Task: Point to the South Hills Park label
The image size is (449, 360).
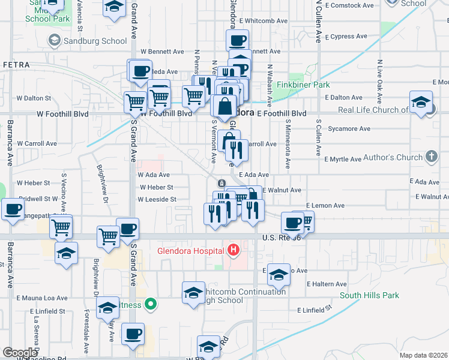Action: coord(369,295)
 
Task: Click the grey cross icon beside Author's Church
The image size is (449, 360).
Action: coord(430,157)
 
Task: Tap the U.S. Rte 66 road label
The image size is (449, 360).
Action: coord(281,238)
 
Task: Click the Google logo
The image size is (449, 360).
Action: coord(20,353)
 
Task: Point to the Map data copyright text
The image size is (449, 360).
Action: coord(423,355)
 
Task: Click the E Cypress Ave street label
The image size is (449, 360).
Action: coord(343,36)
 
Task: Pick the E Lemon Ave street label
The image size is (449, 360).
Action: coord(325,205)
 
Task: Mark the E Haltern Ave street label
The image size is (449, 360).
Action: coord(327,284)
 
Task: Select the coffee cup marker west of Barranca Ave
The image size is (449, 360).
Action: coord(13,210)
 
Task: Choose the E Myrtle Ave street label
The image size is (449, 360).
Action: coord(343,160)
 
